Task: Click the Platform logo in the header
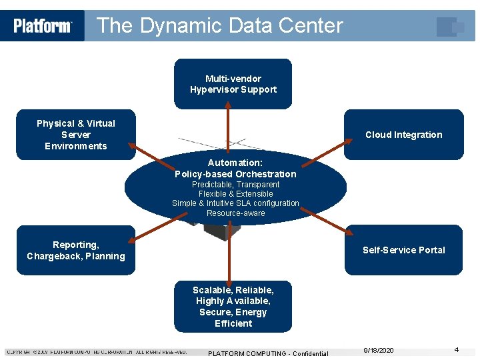pyautogui.click(x=43, y=26)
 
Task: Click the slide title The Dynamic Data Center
pyautogui.click(x=219, y=26)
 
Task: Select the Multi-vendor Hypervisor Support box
pyautogui.click(x=233, y=84)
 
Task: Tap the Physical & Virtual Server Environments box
pyautogui.click(x=75, y=135)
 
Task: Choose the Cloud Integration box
pyautogui.click(x=403, y=135)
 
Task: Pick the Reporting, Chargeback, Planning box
pyautogui.click(x=75, y=250)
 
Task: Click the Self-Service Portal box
pyautogui.click(x=403, y=250)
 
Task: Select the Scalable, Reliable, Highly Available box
pyautogui.click(x=233, y=307)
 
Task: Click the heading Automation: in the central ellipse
pyautogui.click(x=235, y=163)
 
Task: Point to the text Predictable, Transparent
pyautogui.click(x=235, y=185)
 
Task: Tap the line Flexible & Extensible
pyautogui.click(x=235, y=194)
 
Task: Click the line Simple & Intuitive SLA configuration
pyautogui.click(x=235, y=203)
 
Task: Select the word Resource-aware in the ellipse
pyautogui.click(x=235, y=213)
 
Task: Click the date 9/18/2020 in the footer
pyautogui.click(x=379, y=350)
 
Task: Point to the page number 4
pyautogui.click(x=457, y=349)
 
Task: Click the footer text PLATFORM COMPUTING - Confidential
pyautogui.click(x=268, y=353)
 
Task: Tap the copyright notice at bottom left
pyautogui.click(x=97, y=352)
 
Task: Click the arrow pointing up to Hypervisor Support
pyautogui.click(x=229, y=130)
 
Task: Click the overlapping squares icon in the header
pyautogui.click(x=451, y=27)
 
